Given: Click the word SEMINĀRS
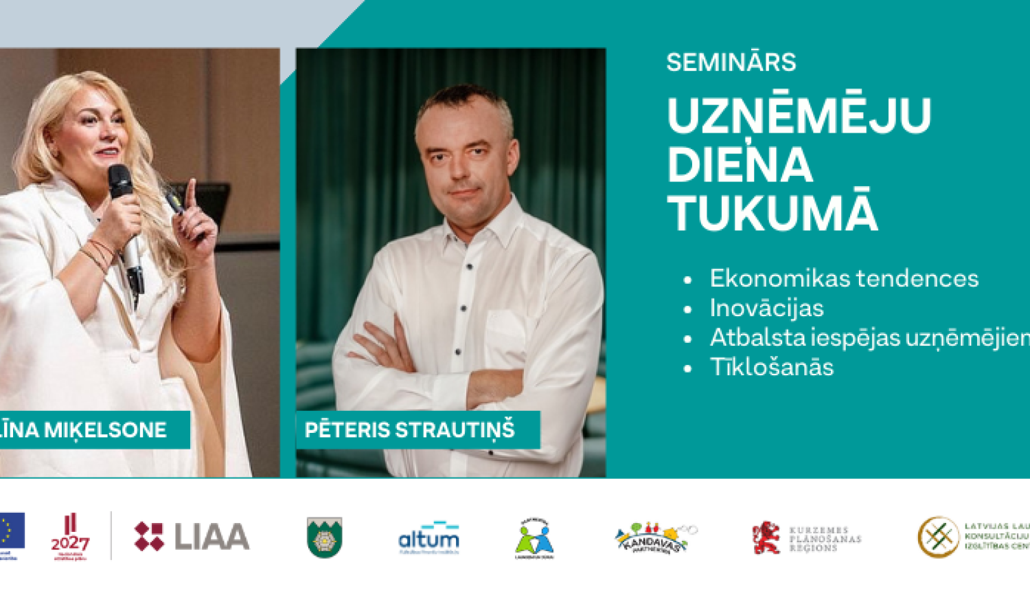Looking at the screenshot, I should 731,63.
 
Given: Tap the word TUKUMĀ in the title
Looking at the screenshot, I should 772,214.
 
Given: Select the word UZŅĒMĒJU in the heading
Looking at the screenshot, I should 799,115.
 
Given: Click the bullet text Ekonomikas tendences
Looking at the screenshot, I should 844,278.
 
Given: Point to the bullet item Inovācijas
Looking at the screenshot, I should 766,308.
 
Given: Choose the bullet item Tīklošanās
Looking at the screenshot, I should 771,367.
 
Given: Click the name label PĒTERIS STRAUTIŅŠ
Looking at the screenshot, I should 410,430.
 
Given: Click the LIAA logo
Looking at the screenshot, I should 192,537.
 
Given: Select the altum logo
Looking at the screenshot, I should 428,537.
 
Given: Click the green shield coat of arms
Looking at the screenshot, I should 324,537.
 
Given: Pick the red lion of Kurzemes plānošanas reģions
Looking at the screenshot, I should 766,537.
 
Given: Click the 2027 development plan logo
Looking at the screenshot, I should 70,537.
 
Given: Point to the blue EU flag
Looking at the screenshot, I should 12,531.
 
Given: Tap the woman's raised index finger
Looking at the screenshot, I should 191,192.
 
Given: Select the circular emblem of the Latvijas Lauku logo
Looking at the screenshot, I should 938,537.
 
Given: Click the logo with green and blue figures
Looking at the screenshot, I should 534,539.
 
